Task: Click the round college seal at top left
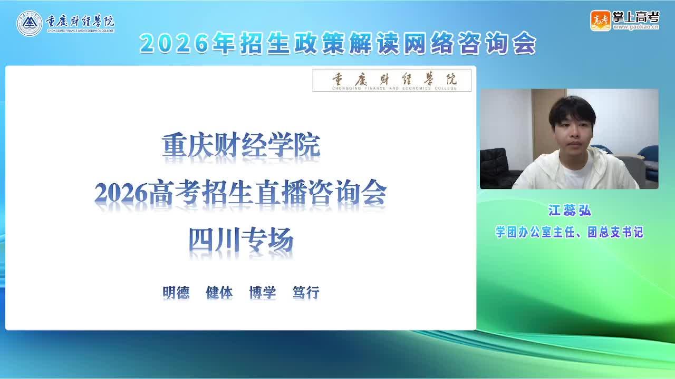click(29, 24)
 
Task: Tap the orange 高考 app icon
click(600, 21)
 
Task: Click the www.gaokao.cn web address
click(636, 27)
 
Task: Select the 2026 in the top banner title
click(174, 44)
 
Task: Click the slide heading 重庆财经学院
click(241, 146)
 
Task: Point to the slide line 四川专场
click(241, 241)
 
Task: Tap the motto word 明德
click(176, 292)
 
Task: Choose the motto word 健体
click(219, 292)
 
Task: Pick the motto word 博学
click(263, 292)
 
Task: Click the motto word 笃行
click(306, 292)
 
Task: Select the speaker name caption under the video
click(569, 210)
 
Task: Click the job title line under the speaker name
click(569, 232)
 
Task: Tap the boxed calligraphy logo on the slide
click(392, 81)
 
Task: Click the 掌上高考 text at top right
click(636, 17)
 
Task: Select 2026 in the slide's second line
click(121, 193)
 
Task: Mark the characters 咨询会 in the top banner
click(497, 44)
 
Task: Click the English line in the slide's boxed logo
click(394, 88)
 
